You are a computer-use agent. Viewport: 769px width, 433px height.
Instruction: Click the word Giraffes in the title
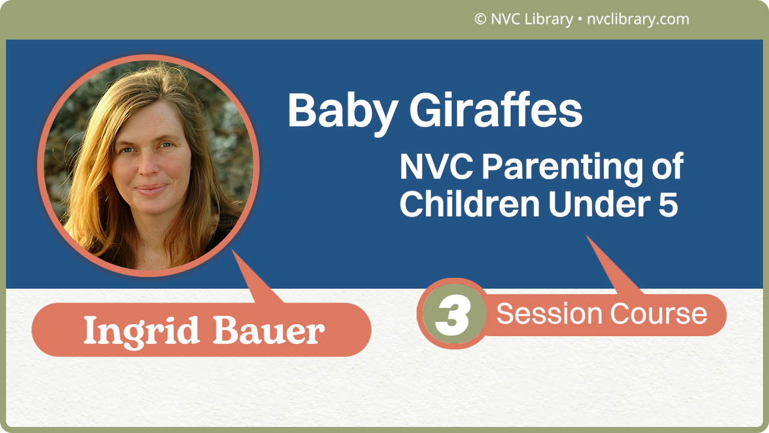coord(489,112)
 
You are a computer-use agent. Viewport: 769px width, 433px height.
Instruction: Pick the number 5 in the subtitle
coord(667,204)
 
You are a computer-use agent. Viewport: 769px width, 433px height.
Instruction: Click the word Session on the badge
coord(549,314)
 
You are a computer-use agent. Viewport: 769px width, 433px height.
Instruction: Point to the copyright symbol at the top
coord(480,19)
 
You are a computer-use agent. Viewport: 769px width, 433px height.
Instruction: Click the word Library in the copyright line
coord(548,19)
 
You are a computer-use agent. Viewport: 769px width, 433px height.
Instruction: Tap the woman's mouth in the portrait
coord(150,189)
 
